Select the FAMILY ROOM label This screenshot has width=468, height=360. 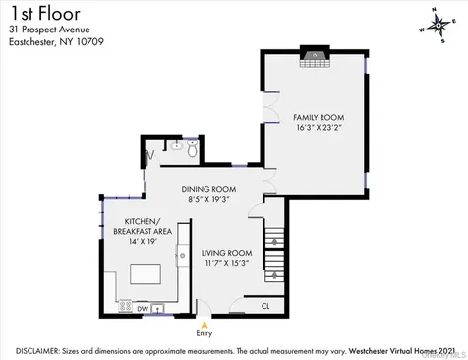click(315, 117)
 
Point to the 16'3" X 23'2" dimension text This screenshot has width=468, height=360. click(315, 128)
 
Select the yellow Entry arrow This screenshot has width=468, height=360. click(205, 322)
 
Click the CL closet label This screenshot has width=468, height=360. click(265, 306)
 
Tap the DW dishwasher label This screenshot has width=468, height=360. click(143, 308)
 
